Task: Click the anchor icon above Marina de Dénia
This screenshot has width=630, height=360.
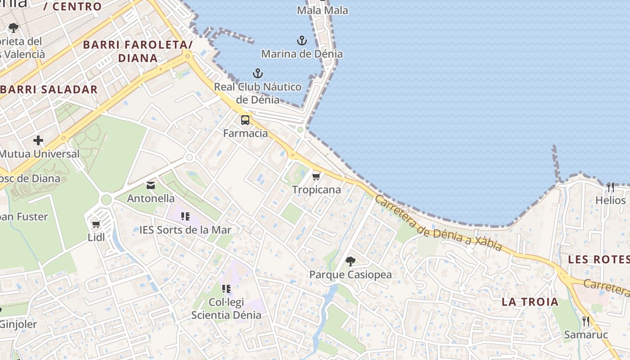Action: [x=302, y=41]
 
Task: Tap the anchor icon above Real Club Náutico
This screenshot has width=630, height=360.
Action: [x=257, y=73]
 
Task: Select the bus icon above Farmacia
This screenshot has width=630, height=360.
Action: [x=245, y=120]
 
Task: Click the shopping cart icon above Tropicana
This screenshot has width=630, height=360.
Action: [x=316, y=176]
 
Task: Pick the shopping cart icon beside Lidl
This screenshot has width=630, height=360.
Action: [x=96, y=224]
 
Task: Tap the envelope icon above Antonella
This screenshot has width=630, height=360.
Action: [x=150, y=185]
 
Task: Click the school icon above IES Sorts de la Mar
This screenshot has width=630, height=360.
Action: [x=185, y=217]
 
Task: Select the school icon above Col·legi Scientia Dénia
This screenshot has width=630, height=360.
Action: [x=226, y=288]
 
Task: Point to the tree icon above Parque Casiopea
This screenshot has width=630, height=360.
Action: [x=350, y=261]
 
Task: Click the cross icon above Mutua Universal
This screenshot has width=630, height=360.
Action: [x=38, y=140]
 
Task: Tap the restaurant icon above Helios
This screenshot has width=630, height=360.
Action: [x=610, y=187]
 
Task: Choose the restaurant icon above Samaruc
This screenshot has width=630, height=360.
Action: [x=586, y=321]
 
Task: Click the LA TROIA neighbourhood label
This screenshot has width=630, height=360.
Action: [x=530, y=302]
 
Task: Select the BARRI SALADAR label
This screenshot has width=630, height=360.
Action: [x=49, y=89]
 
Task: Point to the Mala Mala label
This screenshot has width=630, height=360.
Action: [x=323, y=10]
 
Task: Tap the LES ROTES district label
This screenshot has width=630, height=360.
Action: [x=598, y=259]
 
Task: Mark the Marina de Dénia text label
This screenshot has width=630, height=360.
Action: [x=302, y=54]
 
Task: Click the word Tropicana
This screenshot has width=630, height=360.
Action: [x=316, y=190]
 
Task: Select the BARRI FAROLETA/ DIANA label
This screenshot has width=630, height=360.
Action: [x=138, y=51]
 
